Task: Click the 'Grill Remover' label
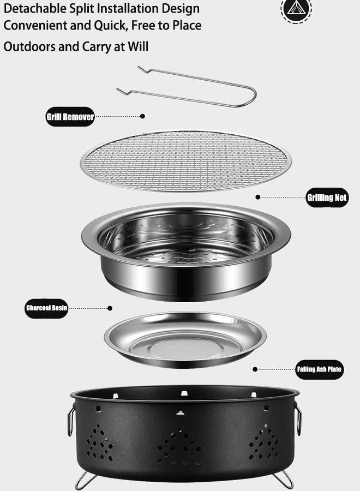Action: pyautogui.click(x=70, y=117)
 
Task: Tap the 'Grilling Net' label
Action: pyautogui.click(x=327, y=197)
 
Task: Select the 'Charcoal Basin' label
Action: pyautogui.click(x=47, y=308)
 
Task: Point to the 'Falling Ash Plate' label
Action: pyautogui.click(x=319, y=369)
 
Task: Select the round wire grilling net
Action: pyautogui.click(x=185, y=160)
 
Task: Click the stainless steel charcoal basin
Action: pyautogui.click(x=185, y=251)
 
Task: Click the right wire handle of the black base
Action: pyautogui.click(x=298, y=420)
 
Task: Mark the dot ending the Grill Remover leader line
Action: pyautogui.click(x=143, y=116)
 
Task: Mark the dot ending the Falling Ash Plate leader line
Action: pyautogui.click(x=255, y=369)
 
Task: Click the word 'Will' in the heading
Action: pyautogui.click(x=138, y=46)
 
